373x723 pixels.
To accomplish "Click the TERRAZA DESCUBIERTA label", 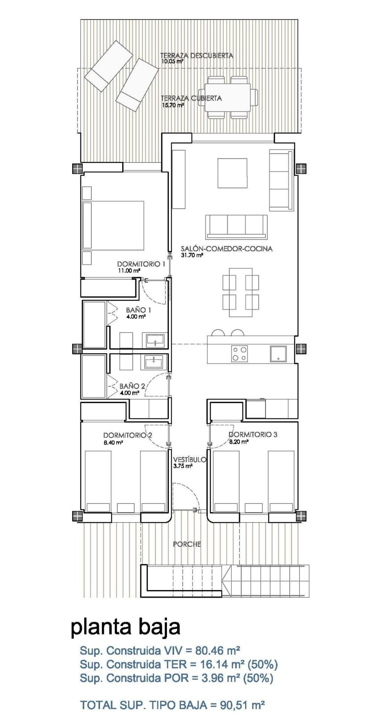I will click(196, 56).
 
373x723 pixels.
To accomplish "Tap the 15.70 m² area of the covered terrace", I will click(173, 105).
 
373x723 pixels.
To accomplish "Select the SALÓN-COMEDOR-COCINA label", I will click(227, 249).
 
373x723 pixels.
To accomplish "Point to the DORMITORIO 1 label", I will click(141, 264).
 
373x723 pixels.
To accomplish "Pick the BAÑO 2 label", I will click(132, 386).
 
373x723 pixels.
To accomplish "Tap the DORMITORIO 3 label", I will click(252, 434).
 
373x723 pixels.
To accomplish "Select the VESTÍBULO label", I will click(189, 459).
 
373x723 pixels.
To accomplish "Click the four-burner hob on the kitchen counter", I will click(240, 354).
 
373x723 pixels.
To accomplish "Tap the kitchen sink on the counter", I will click(278, 354).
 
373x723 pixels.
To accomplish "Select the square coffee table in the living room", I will click(233, 173).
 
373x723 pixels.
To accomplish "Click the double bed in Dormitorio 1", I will click(113, 225).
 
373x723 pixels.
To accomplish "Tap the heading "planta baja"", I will click(126, 627).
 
